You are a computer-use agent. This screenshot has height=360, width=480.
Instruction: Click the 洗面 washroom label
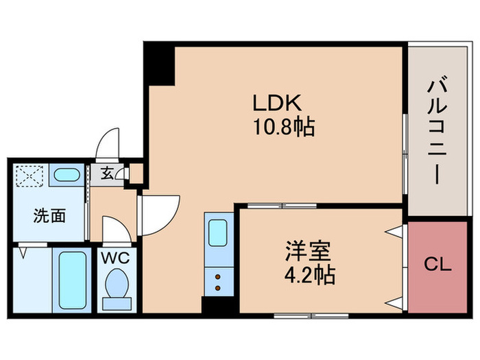pyautogui.click(x=50, y=217)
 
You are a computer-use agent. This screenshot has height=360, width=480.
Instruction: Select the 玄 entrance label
pyautogui.click(x=108, y=173)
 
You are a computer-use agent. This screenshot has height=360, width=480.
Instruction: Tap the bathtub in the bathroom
pyautogui.click(x=71, y=279)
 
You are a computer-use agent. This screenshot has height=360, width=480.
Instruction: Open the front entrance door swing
pyautogui.click(x=110, y=145)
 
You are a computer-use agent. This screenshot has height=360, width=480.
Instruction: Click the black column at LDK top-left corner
pyautogui.click(x=159, y=65)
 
